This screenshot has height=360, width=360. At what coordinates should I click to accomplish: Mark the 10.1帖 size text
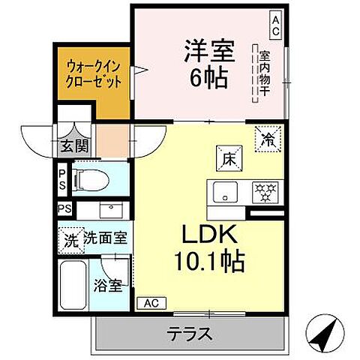coord(209,262)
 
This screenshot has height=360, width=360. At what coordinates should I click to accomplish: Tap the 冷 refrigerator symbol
coord(267,139)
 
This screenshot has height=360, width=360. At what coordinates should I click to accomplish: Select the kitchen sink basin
coord(222,193)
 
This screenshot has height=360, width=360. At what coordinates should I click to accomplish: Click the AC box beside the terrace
coord(152,303)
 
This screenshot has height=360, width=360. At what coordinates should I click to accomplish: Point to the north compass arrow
coord(327,332)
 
